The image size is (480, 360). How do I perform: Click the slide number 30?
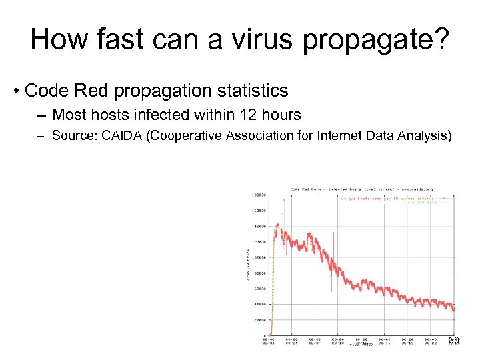454,341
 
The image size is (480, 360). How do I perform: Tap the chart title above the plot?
361,189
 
